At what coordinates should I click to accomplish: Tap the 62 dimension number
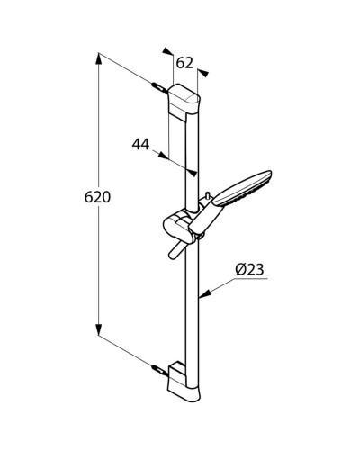pyautogui.click(x=185, y=63)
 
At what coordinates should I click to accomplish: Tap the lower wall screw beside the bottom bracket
pyautogui.click(x=158, y=368)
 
